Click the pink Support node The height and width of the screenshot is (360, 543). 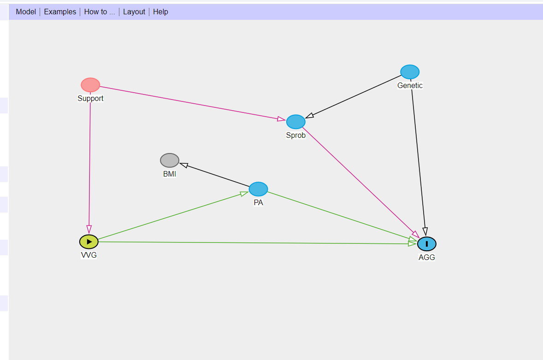[90, 85]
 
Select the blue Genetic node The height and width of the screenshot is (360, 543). [410, 72]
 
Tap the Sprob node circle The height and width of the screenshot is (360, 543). [296, 122]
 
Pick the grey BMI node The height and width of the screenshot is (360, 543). [170, 160]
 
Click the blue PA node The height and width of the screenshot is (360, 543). [258, 189]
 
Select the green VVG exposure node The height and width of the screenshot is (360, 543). [89, 242]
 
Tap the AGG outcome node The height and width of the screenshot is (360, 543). [427, 244]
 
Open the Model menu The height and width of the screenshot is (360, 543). [26, 12]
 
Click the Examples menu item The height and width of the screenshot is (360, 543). [60, 12]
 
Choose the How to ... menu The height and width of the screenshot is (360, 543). [100, 12]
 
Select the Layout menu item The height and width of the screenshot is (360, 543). [134, 12]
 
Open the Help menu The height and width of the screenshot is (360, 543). [160, 12]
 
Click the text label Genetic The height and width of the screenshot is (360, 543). [410, 86]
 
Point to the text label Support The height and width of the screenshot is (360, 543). [90, 99]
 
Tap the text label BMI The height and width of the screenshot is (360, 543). [170, 174]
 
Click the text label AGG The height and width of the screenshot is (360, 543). [427, 258]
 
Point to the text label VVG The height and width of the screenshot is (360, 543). [89, 255]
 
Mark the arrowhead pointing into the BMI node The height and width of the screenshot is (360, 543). [183, 165]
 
